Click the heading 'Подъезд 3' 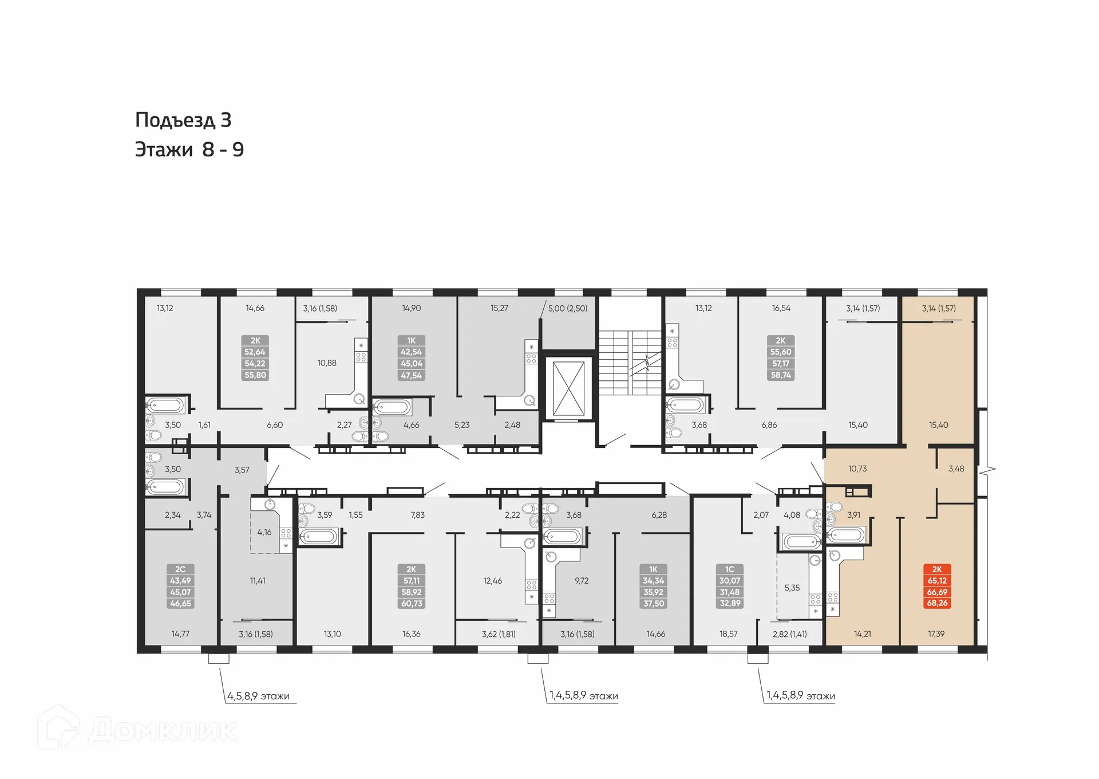click(183, 120)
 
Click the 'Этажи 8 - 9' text click(189, 149)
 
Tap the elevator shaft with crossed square click(569, 389)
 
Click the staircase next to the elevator click(630, 362)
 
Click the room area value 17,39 click(936, 634)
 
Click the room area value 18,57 click(729, 634)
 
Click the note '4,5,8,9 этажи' click(258, 697)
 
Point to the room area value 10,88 click(327, 363)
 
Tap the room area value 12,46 click(492, 581)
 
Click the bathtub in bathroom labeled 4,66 click(393, 407)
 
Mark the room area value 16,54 click(781, 308)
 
